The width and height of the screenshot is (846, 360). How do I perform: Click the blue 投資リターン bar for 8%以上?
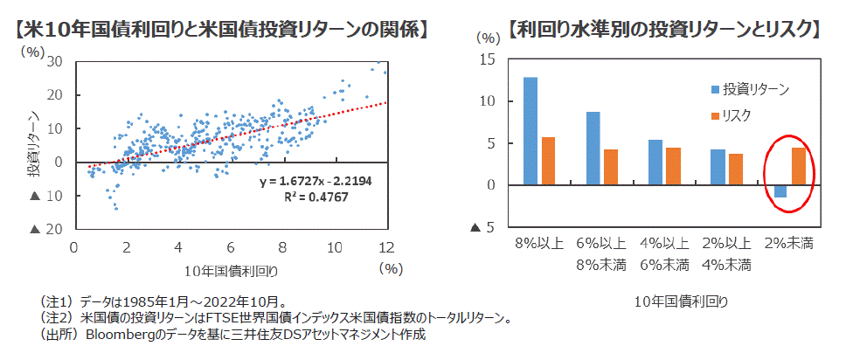coord(530,131)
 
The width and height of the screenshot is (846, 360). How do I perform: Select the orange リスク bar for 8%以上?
coord(548,161)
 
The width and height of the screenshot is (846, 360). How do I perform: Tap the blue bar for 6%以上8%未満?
coord(593,149)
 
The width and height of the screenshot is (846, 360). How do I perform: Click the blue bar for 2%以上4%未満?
coord(718,167)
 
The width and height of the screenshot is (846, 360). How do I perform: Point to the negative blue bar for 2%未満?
coord(780,191)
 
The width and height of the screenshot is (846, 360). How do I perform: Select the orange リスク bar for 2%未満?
coord(798,166)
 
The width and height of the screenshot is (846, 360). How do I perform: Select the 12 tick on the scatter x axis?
coord(385,246)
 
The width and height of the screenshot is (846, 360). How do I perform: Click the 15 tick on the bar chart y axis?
coord(488,59)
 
